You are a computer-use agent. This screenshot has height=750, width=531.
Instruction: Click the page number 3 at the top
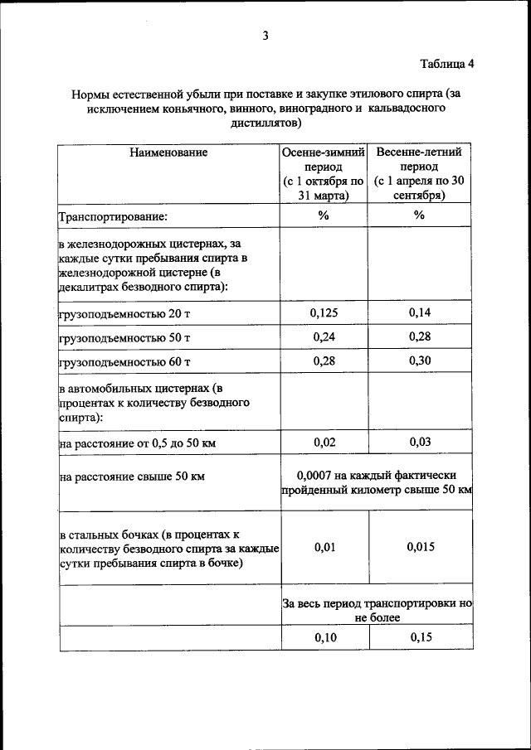tap(265, 35)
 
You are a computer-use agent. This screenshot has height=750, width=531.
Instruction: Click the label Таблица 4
tap(446, 64)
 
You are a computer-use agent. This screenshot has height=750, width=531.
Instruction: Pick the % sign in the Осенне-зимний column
tap(323, 215)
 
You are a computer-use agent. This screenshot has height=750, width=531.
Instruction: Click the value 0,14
tap(420, 312)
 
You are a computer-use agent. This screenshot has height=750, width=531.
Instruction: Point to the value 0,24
tap(323, 337)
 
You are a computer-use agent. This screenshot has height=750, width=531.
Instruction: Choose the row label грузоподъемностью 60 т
tap(124, 362)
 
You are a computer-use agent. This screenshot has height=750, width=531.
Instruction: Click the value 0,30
tap(420, 361)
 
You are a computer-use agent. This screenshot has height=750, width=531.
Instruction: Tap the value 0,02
tap(324, 443)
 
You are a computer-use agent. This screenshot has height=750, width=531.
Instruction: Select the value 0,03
tap(420, 443)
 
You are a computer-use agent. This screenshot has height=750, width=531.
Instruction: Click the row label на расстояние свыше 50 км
tap(131, 477)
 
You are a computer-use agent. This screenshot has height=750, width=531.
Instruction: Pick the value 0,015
tap(420, 547)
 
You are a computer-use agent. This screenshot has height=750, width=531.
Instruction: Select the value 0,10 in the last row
tap(323, 636)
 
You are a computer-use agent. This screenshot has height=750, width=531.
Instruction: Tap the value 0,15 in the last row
tap(420, 636)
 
